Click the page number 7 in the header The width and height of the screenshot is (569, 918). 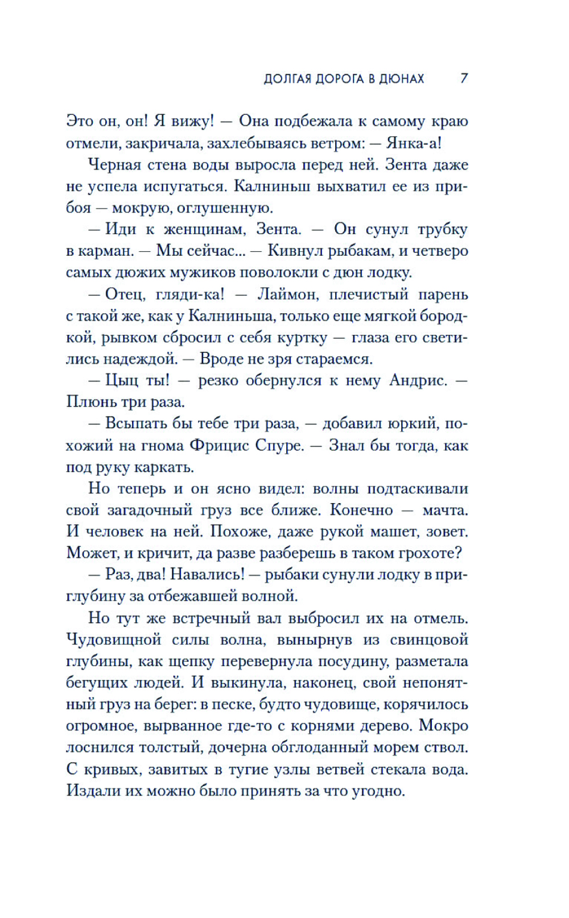coord(464,78)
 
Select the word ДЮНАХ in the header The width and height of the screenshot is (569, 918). coord(402,79)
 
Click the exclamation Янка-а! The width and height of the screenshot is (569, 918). coord(414,143)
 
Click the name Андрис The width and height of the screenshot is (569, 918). coord(418,380)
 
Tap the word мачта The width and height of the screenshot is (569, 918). coord(445,510)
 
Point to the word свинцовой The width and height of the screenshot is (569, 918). coord(429,639)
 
